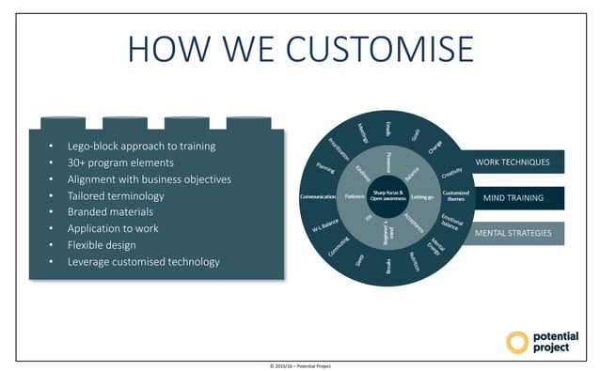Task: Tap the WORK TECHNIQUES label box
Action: point(513,162)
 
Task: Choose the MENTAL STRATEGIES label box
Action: point(513,233)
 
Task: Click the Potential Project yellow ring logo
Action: point(517,342)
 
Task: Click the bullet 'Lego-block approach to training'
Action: point(141,146)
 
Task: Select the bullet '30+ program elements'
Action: point(119,162)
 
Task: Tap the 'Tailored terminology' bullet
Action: point(116,195)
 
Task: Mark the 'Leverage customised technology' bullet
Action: point(143,261)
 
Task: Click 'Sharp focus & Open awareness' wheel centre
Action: point(388,197)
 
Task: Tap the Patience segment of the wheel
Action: point(355,197)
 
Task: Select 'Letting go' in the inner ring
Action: point(422,197)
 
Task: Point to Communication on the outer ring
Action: point(318,197)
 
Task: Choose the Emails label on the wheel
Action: point(388,129)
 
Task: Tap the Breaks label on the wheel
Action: point(388,266)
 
